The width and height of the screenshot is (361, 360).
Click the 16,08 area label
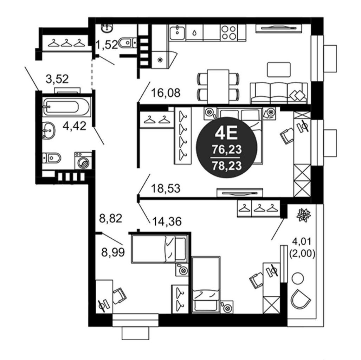point(166,93)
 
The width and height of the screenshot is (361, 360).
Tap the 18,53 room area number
point(166,188)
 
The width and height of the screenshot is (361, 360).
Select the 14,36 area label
point(167,221)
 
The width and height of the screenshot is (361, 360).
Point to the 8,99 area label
point(113,252)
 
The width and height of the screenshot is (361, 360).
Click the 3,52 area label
point(57,79)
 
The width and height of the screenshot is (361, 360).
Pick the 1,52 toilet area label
point(107,44)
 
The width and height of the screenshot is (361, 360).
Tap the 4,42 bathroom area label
point(75,126)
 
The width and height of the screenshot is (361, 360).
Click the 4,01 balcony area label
point(302,242)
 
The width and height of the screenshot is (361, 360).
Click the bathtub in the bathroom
point(66,107)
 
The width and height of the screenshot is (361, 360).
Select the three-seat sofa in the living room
point(279,93)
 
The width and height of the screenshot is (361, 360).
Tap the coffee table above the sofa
point(279,70)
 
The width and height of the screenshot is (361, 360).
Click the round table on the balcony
point(298,278)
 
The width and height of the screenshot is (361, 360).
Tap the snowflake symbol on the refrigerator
point(159,60)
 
